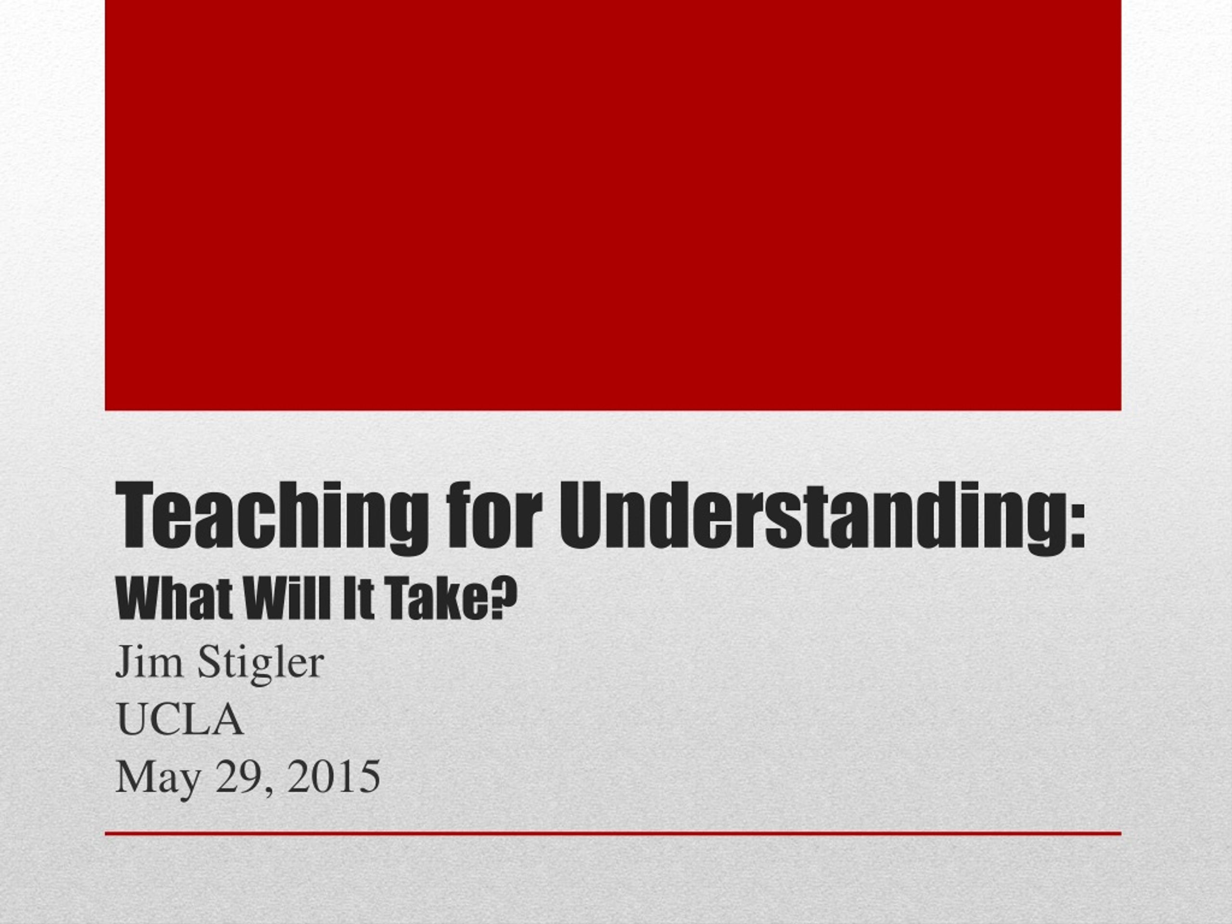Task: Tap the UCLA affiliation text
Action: pos(180,719)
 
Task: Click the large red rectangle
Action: pos(613,205)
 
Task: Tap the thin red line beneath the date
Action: pos(613,834)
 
